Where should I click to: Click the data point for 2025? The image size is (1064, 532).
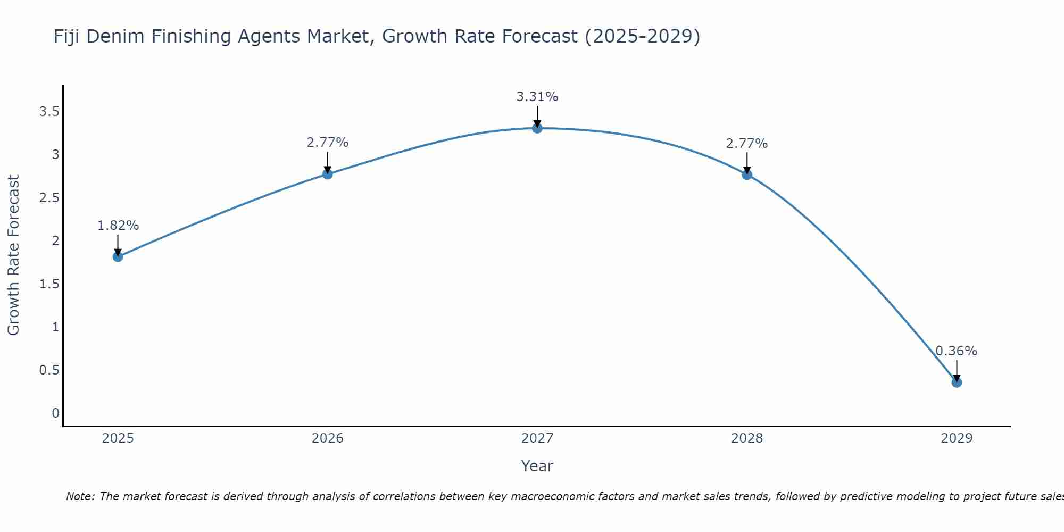click(118, 256)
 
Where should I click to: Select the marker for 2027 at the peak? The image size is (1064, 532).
click(537, 128)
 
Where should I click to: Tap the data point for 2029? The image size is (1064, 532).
click(957, 382)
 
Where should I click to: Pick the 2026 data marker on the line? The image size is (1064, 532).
click(328, 174)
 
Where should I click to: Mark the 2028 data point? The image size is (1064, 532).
click(747, 174)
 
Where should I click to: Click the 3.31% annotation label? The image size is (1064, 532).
click(537, 97)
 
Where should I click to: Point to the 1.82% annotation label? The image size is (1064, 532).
click(118, 226)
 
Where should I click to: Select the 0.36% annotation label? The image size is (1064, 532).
click(957, 351)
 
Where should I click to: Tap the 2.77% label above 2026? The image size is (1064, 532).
click(328, 143)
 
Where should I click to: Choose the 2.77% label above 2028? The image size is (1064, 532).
click(747, 144)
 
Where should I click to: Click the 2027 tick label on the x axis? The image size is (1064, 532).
click(537, 438)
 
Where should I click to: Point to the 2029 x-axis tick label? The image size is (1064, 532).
click(957, 438)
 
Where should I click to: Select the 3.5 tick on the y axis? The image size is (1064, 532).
click(49, 112)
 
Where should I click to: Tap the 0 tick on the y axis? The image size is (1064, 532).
click(55, 413)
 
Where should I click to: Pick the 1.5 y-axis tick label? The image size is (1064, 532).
click(49, 284)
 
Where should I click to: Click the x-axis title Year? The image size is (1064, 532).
click(537, 466)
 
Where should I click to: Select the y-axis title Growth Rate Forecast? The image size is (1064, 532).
click(14, 255)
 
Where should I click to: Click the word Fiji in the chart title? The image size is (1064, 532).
click(67, 37)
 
